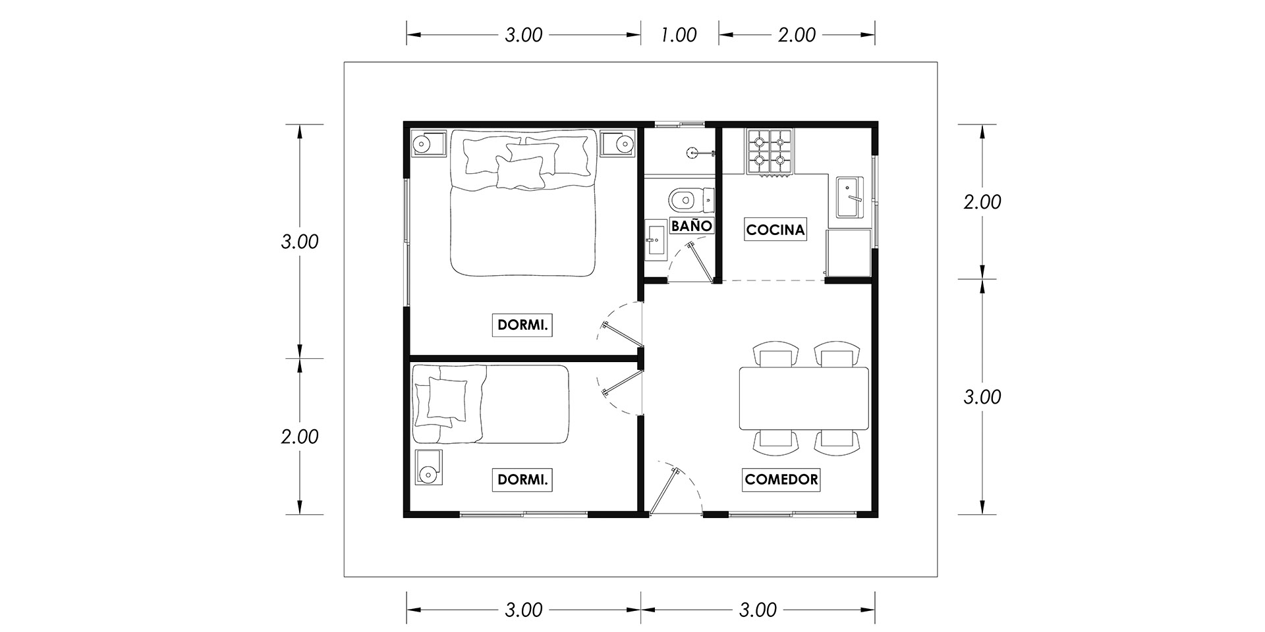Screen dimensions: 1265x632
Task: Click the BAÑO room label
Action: (x=691, y=226)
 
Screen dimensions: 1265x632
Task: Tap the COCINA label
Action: (x=776, y=230)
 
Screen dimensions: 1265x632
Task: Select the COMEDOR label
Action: (x=781, y=479)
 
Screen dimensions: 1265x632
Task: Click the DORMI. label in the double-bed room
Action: (x=522, y=325)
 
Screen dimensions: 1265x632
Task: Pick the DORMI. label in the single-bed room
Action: (x=522, y=480)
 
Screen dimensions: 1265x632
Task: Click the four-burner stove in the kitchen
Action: (x=769, y=152)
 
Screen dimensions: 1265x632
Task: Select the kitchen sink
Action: (x=851, y=197)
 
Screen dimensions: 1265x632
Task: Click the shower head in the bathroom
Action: (x=692, y=153)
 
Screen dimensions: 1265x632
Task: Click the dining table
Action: (x=804, y=398)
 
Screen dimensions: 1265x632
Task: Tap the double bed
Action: (x=522, y=202)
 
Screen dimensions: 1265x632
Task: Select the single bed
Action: (x=490, y=404)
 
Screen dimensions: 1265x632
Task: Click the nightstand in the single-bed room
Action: (x=428, y=468)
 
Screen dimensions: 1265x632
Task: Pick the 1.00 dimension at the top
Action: (x=679, y=35)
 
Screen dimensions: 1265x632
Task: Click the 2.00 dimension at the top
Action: (x=797, y=35)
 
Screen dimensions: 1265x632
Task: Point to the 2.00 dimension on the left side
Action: (x=300, y=436)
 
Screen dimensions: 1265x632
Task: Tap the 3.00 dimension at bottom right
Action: (x=758, y=610)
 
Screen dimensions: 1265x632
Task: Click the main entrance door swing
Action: (x=672, y=487)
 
